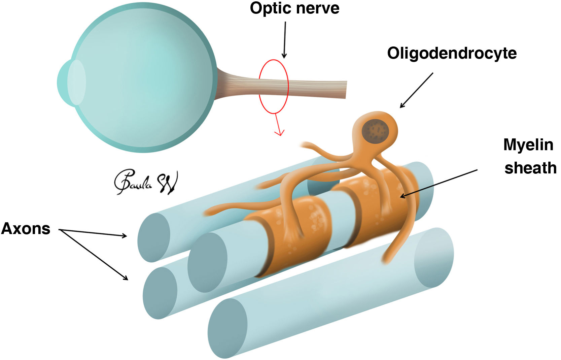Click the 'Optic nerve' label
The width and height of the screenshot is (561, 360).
[x=294, y=8]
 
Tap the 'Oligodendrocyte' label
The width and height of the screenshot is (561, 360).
[x=452, y=53]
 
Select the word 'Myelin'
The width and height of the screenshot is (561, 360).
[x=528, y=145]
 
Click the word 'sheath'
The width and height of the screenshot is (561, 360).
[x=530, y=168]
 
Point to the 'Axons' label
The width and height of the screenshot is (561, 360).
[x=26, y=229]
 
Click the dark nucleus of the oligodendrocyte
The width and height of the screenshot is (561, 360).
[x=375, y=130]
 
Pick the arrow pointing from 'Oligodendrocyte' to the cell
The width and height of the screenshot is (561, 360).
[x=416, y=90]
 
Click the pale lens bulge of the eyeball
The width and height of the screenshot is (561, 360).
[x=76, y=82]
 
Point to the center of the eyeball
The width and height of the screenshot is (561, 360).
[x=141, y=77]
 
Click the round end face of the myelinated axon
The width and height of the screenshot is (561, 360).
[x=207, y=262]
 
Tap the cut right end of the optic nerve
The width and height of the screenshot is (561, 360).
[x=346, y=90]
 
